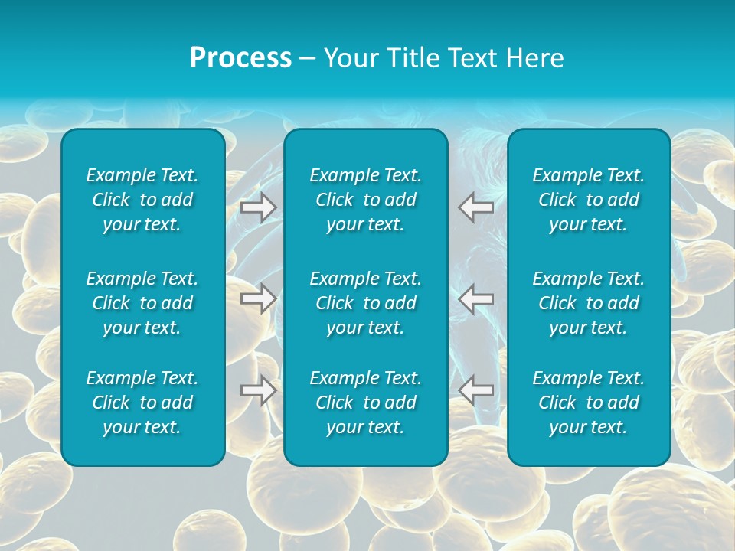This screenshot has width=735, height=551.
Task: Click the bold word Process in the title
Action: [x=240, y=58]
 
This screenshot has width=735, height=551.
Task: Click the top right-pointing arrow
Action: [x=258, y=207]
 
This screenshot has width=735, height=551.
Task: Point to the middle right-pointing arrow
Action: [x=258, y=298]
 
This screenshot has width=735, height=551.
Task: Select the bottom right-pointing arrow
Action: [x=258, y=390]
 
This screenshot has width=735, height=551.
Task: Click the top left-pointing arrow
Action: [x=476, y=207]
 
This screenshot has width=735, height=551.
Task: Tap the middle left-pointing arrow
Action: [x=476, y=298]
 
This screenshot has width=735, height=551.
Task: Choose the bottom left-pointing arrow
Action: [x=476, y=390]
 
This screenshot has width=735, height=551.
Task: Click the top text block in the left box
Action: [x=142, y=200]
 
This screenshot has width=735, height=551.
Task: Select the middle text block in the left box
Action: [x=142, y=303]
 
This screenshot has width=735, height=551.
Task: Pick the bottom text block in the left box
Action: [x=142, y=403]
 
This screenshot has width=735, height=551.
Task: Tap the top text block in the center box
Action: [x=366, y=200]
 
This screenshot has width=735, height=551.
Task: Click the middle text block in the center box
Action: [x=366, y=303]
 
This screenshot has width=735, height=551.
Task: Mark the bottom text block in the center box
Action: [x=366, y=403]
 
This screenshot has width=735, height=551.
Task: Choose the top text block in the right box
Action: [x=589, y=200]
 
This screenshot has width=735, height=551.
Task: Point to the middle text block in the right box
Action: [x=589, y=303]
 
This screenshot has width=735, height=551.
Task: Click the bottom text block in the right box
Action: [x=589, y=403]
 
